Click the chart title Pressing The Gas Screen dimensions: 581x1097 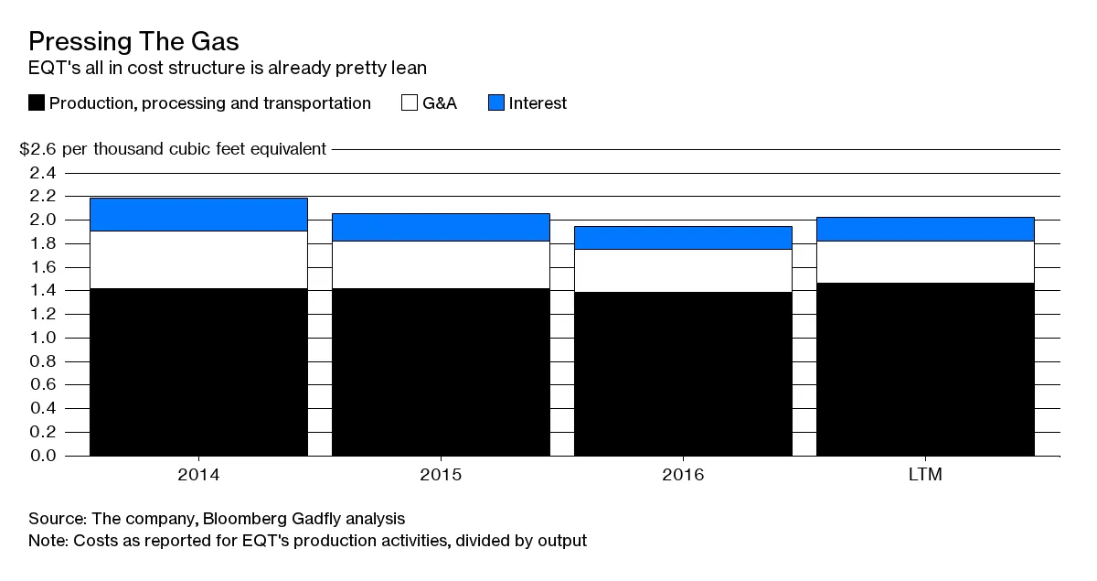click(x=133, y=41)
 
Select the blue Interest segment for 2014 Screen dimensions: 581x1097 click(x=198, y=214)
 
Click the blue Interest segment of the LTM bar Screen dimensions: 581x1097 click(x=925, y=229)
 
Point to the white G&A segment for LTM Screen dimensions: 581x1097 click(x=925, y=262)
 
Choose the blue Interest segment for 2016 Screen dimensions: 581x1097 click(x=683, y=237)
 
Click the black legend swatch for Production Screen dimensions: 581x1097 click(x=37, y=103)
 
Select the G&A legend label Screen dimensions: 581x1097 click(x=440, y=103)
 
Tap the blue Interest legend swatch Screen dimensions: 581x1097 click(x=495, y=103)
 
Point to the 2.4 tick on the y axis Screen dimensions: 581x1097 click(x=43, y=173)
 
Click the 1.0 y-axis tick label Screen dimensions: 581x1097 click(x=43, y=338)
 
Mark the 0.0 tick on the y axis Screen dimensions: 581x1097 click(x=43, y=456)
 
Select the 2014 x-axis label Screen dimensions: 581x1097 click(x=198, y=475)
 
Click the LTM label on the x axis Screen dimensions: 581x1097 click(x=925, y=475)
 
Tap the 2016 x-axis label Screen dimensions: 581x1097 click(x=683, y=475)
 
